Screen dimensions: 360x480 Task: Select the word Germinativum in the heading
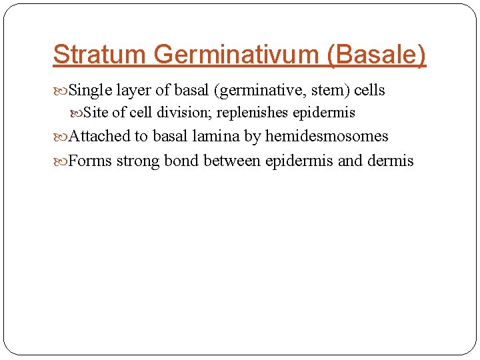[x=230, y=55]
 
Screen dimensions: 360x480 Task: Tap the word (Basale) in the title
[x=376, y=55]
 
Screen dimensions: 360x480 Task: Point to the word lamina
[x=216, y=137]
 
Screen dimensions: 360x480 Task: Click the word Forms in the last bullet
[x=90, y=161]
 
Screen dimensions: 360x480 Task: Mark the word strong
[x=138, y=161]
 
